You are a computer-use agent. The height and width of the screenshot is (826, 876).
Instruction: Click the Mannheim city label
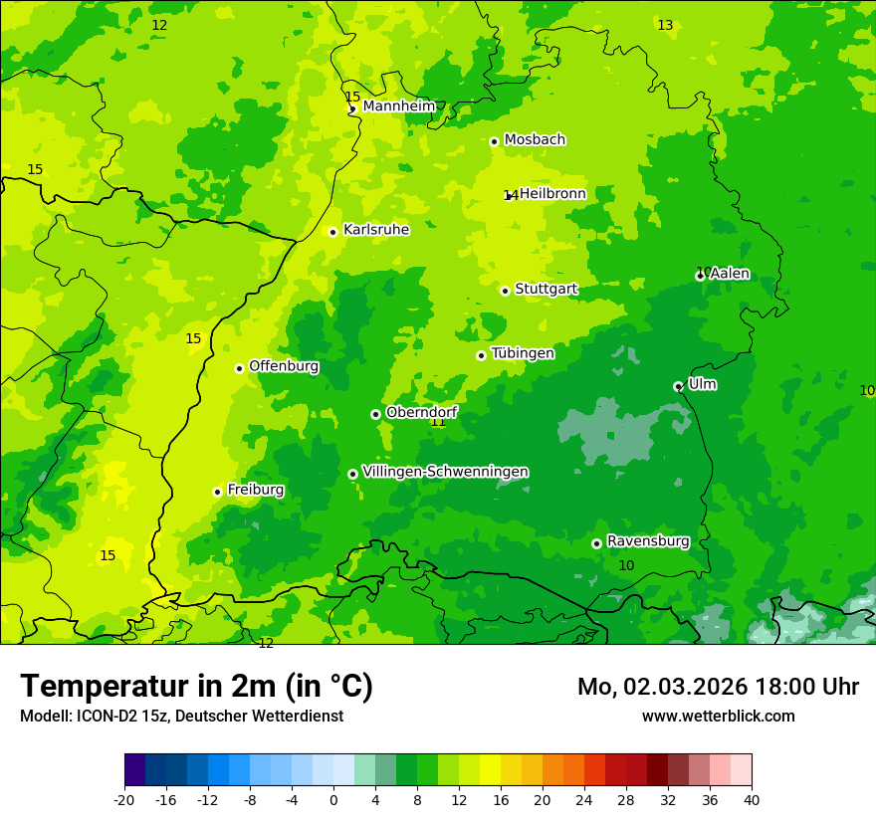(399, 106)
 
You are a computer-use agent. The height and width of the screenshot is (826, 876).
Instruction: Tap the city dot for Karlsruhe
(333, 232)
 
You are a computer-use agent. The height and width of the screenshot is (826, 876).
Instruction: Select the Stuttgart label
(546, 290)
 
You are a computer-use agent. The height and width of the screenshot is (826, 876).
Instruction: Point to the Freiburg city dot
(217, 492)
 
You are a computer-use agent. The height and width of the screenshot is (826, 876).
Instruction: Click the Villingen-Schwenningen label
(445, 472)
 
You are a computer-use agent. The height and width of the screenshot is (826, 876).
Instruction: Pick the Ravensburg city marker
(596, 543)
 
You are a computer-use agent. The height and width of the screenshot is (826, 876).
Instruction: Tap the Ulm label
(702, 384)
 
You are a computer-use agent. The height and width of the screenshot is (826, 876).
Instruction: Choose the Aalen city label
(730, 274)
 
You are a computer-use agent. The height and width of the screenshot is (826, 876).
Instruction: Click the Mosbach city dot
(494, 141)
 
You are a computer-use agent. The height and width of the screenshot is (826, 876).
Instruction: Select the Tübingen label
(523, 353)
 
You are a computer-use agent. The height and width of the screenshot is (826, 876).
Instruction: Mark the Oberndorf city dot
(375, 414)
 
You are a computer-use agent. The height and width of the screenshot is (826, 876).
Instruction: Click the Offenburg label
(284, 366)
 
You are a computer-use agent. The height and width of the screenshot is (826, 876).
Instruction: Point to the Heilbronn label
(552, 194)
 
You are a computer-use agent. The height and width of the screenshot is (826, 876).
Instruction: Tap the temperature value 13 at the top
(665, 25)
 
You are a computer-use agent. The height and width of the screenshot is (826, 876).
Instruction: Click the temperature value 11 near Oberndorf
(438, 422)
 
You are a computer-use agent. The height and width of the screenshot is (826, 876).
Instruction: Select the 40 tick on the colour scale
(751, 799)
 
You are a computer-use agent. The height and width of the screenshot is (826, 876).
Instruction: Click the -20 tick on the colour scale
(124, 799)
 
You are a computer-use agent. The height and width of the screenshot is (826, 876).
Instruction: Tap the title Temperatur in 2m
(196, 687)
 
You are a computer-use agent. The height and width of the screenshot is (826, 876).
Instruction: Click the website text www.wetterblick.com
(718, 717)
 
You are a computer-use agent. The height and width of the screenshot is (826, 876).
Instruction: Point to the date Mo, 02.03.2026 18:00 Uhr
(718, 687)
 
